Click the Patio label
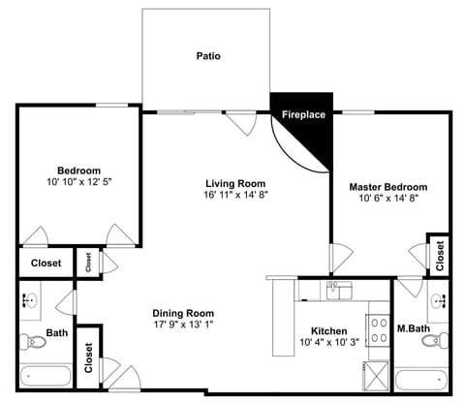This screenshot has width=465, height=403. (x=208, y=56)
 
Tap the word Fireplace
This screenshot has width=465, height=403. (x=302, y=115)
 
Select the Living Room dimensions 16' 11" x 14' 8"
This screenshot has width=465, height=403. (x=235, y=195)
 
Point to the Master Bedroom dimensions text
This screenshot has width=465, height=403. (x=387, y=200)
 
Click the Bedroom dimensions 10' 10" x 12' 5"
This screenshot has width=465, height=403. (x=78, y=182)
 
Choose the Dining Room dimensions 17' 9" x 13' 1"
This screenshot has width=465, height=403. (x=183, y=325)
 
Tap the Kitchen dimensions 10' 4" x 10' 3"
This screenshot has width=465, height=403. (x=328, y=342)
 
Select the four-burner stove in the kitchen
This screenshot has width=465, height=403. (x=377, y=328)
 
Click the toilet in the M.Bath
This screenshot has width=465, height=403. (x=442, y=339)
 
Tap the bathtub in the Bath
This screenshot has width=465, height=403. (x=45, y=377)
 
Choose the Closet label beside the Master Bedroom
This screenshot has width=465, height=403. (x=439, y=256)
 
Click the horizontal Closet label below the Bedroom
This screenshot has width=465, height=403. (x=46, y=263)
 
